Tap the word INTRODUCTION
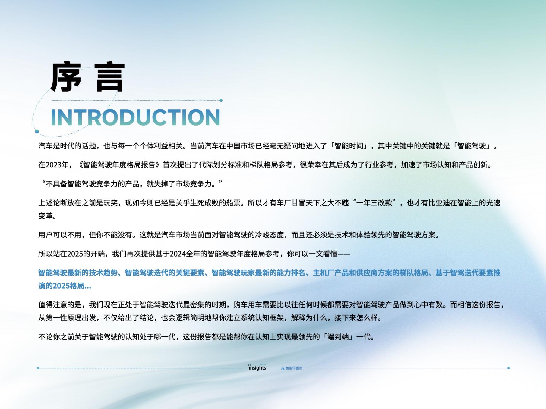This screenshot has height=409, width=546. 136,117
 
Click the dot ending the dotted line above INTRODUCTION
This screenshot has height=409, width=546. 221,100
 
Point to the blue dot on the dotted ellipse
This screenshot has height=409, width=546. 37,131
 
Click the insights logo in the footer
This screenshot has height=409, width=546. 257,367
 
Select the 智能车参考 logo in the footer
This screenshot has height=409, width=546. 292,368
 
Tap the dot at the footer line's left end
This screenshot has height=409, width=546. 38,368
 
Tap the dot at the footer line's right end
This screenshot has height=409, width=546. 508,368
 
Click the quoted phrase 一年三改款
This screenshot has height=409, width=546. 374,203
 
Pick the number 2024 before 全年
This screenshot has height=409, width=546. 178,254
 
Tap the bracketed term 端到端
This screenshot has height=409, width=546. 338,337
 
